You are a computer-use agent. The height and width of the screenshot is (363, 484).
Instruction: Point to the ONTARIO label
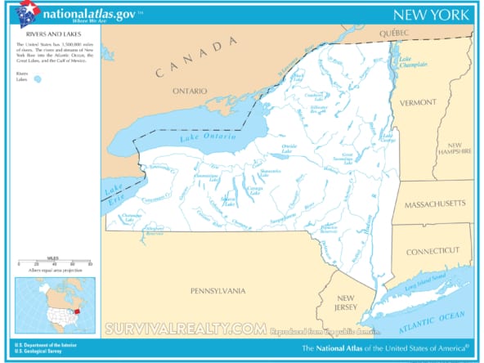(x=189, y=92)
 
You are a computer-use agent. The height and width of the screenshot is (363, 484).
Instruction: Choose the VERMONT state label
(x=418, y=103)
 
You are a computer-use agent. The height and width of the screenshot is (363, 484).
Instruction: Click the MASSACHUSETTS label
(x=433, y=203)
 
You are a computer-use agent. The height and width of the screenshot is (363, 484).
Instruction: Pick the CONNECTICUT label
(x=433, y=250)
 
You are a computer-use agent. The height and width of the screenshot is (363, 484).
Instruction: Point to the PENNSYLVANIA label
(x=217, y=290)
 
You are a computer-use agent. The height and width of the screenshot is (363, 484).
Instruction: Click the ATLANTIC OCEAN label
(x=437, y=320)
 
